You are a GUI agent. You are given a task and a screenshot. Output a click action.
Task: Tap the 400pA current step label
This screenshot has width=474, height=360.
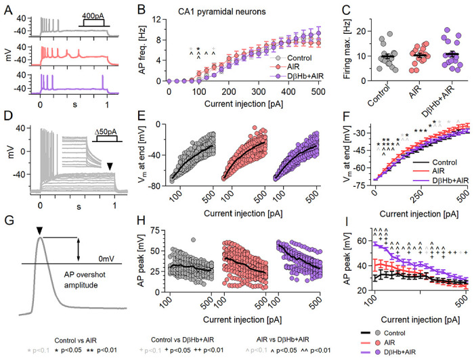pos(93,14)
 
